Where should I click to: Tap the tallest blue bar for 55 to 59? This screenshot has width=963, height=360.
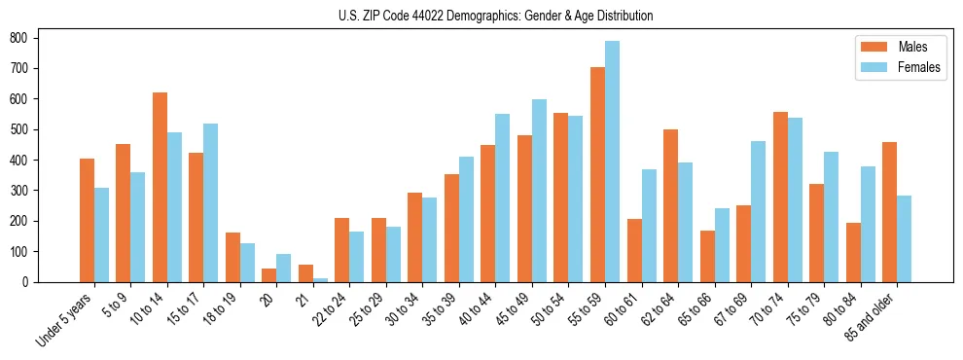(612, 162)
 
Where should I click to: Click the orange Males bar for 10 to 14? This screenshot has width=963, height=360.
(160, 187)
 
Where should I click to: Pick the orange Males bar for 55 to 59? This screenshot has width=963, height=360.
(597, 175)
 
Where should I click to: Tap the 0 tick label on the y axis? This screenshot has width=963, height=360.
(32, 282)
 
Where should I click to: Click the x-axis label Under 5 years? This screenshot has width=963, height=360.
(64, 318)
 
